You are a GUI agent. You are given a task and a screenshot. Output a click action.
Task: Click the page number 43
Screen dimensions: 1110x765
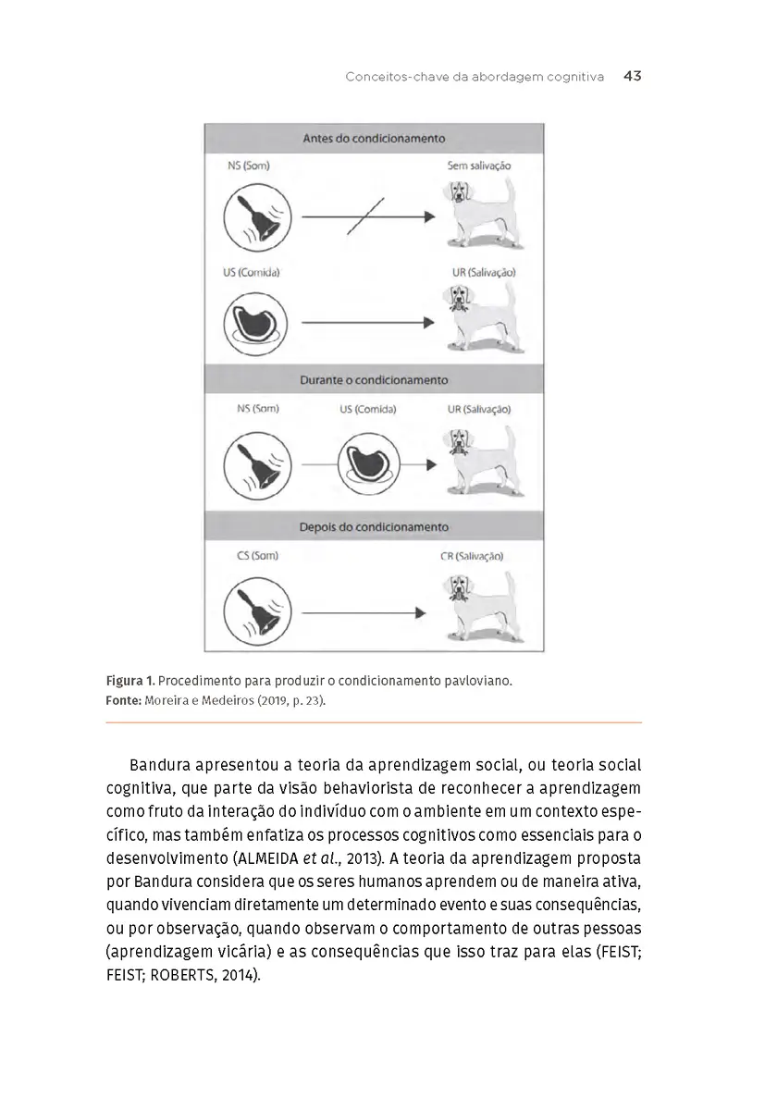632,77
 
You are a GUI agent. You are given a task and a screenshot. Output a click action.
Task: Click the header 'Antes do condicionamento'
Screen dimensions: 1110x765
374,139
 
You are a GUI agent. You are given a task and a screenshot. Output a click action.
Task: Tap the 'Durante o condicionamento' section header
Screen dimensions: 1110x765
374,380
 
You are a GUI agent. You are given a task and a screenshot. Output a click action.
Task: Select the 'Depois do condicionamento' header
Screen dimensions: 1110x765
374,527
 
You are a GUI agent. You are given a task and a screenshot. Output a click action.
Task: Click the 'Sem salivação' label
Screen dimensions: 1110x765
478,166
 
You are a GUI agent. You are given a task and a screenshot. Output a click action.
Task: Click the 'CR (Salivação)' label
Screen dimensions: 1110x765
472,557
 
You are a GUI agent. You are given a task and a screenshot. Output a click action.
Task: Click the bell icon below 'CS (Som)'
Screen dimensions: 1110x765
257,611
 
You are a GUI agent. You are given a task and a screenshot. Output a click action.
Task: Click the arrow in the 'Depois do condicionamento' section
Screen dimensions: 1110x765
364,612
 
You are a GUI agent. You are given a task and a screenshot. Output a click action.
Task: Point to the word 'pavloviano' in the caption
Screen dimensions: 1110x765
476,681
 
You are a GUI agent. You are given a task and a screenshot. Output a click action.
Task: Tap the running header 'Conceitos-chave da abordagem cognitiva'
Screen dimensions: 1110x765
474,77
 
